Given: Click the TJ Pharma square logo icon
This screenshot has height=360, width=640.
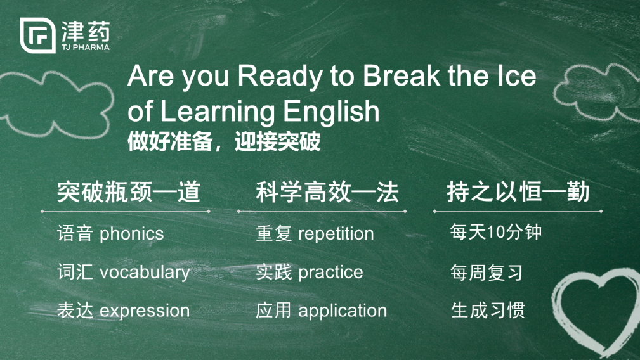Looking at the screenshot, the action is click(x=37, y=35).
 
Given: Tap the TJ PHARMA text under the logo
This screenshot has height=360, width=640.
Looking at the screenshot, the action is click(x=86, y=48).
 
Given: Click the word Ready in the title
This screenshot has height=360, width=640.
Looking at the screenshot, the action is click(x=280, y=76).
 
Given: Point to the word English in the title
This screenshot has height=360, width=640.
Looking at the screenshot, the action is click(x=331, y=112).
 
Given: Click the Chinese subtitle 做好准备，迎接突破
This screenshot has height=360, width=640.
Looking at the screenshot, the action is click(x=224, y=142).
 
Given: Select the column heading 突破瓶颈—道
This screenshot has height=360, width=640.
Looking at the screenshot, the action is click(x=129, y=192).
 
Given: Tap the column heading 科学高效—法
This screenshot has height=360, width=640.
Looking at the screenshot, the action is click(x=327, y=192).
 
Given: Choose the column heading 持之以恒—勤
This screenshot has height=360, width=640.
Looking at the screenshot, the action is click(x=518, y=191).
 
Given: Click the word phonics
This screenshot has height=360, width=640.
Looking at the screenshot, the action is click(x=131, y=235).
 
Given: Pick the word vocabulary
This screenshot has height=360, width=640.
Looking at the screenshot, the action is click(x=145, y=273).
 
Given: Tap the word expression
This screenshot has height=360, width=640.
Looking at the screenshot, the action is click(x=145, y=311).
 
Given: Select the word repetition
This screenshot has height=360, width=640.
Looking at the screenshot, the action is click(x=336, y=234).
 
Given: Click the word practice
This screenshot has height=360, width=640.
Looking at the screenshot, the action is click(x=330, y=273).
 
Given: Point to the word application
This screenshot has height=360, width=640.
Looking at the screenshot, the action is click(x=343, y=311).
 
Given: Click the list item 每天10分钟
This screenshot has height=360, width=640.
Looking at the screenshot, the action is click(x=496, y=232).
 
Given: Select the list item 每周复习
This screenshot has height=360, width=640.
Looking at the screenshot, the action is click(x=487, y=273).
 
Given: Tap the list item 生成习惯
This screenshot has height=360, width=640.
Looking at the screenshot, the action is click(x=488, y=311).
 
